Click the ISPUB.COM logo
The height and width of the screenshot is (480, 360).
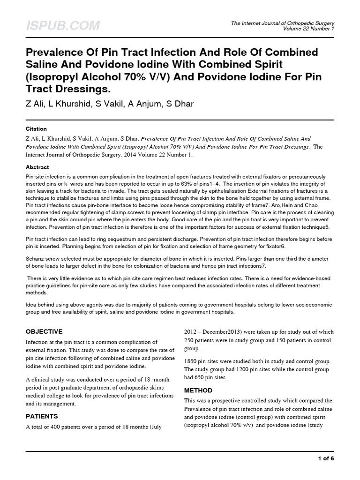(x=62, y=26)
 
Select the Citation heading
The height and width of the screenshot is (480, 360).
(x=36, y=128)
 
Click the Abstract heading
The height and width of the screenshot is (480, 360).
(x=37, y=167)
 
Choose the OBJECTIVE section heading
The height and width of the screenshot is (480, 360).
(x=50, y=331)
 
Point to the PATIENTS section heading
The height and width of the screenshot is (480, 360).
(x=42, y=416)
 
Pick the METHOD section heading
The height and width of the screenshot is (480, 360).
(x=198, y=390)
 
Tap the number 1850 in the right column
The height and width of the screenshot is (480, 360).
(x=192, y=361)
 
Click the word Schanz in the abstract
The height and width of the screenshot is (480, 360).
(x=36, y=259)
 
